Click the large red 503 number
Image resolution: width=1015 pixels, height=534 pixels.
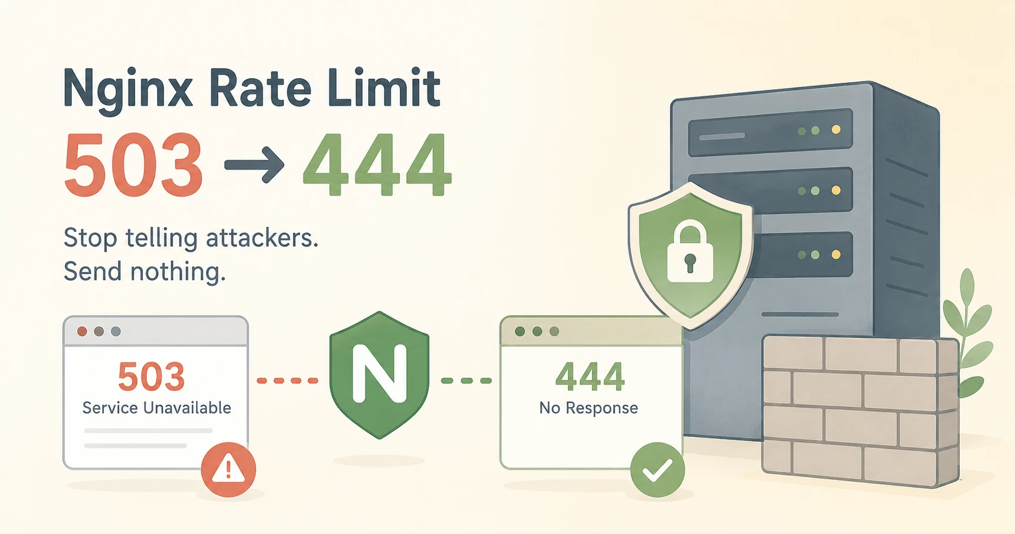134,165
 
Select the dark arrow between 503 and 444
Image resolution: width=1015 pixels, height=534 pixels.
254,165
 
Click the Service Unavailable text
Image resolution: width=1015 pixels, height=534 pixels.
157,408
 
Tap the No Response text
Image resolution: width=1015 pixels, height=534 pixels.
589,408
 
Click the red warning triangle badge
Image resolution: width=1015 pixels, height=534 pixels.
228,469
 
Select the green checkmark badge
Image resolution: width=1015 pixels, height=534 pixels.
657,469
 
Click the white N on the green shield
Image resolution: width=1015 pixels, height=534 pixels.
379,373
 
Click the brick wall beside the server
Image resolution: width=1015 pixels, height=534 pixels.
861,411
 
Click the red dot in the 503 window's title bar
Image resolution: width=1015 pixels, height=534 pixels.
82,332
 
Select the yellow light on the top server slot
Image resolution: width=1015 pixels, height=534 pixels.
836,130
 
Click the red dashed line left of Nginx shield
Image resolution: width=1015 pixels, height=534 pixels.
288,381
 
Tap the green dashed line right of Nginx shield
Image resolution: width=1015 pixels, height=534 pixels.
467,381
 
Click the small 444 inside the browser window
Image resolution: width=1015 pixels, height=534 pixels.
590,377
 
